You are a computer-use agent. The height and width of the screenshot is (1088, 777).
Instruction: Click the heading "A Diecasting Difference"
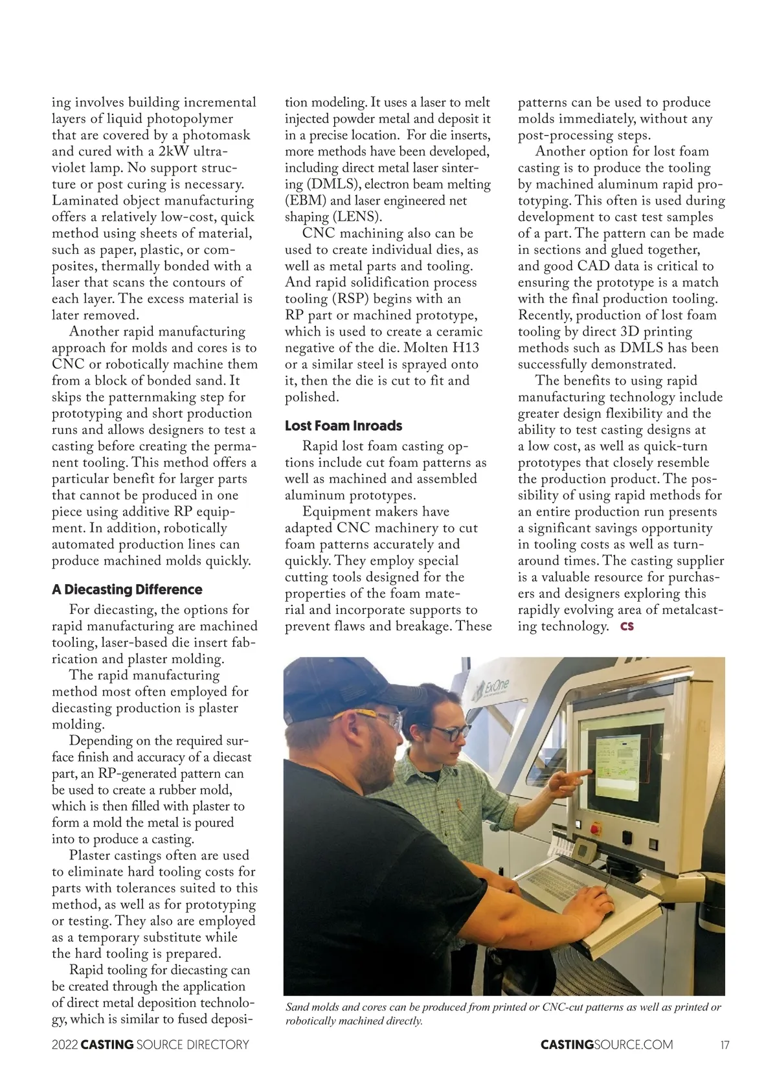[127, 589]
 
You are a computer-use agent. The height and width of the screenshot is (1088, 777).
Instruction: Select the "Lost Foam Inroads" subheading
[343, 425]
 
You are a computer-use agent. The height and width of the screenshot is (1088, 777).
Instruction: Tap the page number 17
[725, 1045]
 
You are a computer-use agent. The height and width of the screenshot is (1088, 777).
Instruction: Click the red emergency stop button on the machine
[596, 828]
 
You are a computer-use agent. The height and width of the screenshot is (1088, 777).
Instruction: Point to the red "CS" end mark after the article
[627, 626]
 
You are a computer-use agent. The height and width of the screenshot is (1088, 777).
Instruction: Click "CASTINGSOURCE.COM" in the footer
[607, 1045]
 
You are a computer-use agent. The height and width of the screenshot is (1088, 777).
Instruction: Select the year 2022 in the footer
[65, 1045]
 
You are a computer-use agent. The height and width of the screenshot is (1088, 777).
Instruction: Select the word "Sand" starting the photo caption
[298, 1007]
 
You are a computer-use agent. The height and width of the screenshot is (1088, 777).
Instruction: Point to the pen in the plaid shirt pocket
[460, 806]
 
